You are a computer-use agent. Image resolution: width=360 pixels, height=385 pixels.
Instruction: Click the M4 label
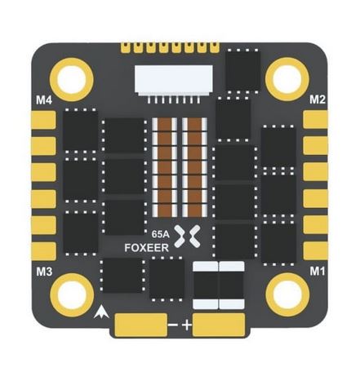[44, 100]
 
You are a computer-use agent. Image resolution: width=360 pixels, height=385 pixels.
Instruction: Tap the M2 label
[318, 100]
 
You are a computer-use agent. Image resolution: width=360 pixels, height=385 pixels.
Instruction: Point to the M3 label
[44, 272]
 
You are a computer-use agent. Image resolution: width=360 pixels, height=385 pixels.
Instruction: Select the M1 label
[318, 271]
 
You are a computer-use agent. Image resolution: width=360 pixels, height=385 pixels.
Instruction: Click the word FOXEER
[147, 248]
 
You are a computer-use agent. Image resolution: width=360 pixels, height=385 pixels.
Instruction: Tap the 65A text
[161, 234]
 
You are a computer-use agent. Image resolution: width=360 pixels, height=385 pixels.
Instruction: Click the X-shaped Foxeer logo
[187, 236]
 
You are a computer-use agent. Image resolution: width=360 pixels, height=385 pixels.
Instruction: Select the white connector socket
[174, 82]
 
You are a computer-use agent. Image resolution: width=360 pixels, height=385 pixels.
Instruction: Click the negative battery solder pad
[141, 325]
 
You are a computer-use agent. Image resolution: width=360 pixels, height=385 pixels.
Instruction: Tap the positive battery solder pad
[219, 325]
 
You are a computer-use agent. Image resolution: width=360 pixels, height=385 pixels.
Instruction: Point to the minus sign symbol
[173, 325]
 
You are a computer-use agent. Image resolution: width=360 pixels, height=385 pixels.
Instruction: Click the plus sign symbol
[187, 325]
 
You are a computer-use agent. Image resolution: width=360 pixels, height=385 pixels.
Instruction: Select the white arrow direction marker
[101, 312]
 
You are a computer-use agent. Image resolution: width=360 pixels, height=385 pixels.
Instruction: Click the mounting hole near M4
[72, 80]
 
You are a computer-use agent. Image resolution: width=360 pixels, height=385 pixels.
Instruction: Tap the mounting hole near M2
[287, 79]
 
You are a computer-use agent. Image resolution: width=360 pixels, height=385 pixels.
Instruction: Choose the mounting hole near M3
[72, 295]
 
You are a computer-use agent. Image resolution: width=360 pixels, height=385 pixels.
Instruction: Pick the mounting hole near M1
[287, 294]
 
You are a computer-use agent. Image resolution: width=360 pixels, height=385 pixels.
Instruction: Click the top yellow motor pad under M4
[43, 120]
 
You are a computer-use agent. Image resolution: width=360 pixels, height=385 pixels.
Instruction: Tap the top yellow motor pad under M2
[316, 120]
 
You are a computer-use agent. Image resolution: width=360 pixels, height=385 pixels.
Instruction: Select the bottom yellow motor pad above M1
[316, 250]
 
